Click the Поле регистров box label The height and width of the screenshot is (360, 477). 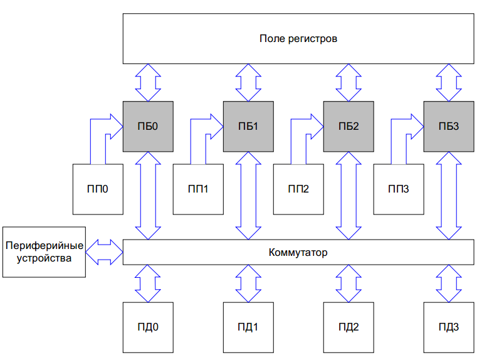click(298, 38)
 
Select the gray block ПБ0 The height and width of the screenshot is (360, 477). click(148, 126)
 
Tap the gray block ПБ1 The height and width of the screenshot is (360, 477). click(248, 126)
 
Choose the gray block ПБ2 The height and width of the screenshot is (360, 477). click(349, 126)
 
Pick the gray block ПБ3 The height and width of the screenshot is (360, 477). click(449, 126)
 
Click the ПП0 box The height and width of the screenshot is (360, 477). click(98, 189)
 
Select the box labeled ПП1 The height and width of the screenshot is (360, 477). click(198, 189)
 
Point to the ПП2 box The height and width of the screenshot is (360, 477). click(298, 189)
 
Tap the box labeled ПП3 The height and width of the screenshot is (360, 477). click(399, 189)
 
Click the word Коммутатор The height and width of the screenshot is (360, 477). click(298, 252)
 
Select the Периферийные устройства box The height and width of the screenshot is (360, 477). click(43, 252)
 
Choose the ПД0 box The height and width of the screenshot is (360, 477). click(148, 327)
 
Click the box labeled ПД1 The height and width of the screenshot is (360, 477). click(248, 327)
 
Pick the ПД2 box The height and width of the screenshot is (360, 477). click(349, 327)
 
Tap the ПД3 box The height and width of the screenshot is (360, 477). click(449, 327)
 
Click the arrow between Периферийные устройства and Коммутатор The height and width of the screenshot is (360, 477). click(104, 252)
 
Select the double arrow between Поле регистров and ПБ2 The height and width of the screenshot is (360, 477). click(349, 82)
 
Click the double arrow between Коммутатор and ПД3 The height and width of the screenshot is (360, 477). click(449, 283)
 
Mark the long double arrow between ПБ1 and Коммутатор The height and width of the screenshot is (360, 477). click(248, 195)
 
